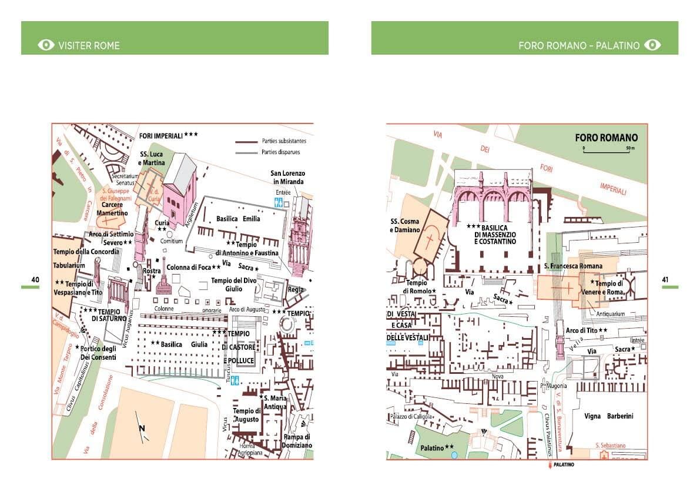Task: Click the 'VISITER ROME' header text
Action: pyautogui.click(x=88, y=45)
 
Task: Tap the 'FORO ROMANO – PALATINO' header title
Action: pyautogui.click(x=578, y=45)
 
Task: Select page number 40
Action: pyautogui.click(x=35, y=279)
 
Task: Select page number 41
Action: pyautogui.click(x=665, y=279)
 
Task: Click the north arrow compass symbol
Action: pyautogui.click(x=142, y=428)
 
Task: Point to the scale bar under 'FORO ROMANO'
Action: pyautogui.click(x=607, y=149)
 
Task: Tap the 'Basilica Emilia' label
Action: pyautogui.click(x=238, y=219)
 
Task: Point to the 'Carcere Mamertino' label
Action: pyautogui.click(x=112, y=209)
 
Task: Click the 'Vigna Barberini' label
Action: pyautogui.click(x=608, y=416)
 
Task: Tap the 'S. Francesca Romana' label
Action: pyautogui.click(x=573, y=266)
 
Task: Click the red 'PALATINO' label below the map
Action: pyautogui.click(x=562, y=465)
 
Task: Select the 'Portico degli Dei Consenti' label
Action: pyautogui.click(x=99, y=353)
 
